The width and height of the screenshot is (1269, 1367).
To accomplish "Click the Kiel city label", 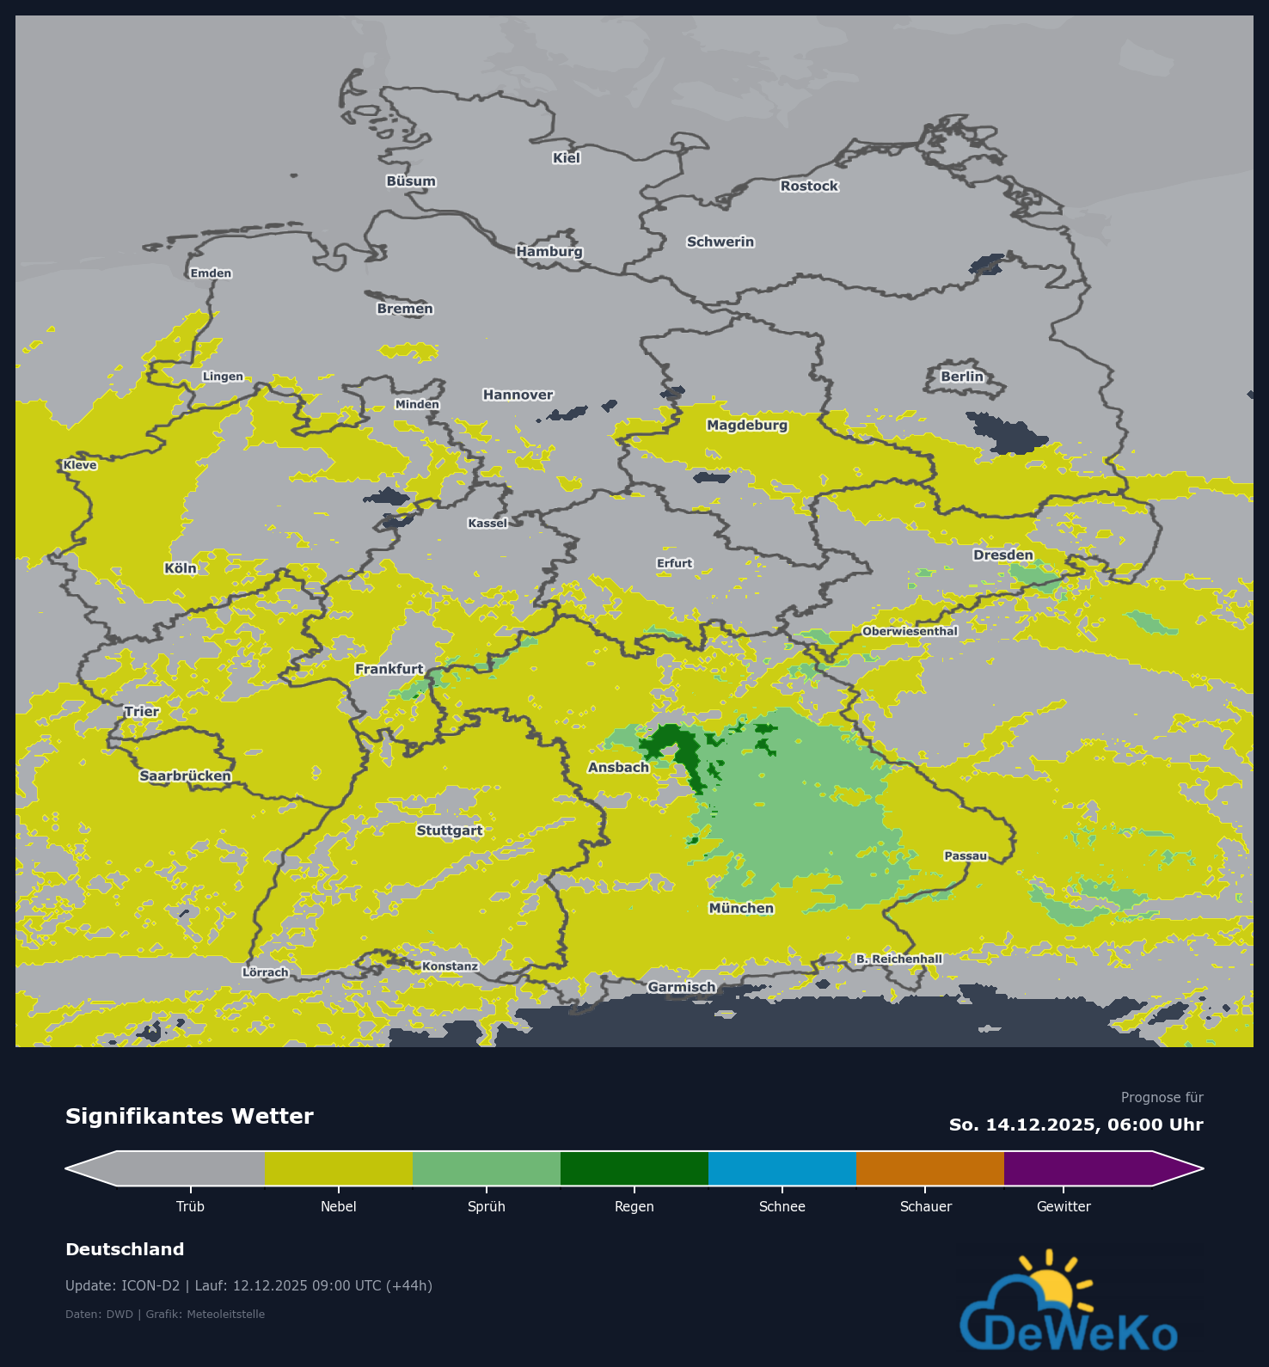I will [x=567, y=158].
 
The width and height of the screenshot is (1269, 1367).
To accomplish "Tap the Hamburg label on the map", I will [x=549, y=252].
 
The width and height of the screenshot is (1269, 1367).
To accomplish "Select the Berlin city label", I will [x=961, y=377].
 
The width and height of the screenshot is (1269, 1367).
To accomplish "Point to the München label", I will [x=741, y=909].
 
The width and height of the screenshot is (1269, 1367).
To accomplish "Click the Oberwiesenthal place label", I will [x=910, y=632].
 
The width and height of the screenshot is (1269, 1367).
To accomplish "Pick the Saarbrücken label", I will [x=186, y=776].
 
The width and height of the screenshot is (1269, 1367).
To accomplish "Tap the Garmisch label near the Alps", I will [x=681, y=987].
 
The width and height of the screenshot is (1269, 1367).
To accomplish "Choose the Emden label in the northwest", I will [x=211, y=273].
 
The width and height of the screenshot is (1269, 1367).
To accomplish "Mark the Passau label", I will [x=966, y=856].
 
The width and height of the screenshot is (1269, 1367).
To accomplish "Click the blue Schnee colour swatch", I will [x=782, y=1168].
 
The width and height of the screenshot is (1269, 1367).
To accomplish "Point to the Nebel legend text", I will [x=338, y=1207].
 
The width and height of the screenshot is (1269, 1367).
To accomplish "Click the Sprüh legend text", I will [x=486, y=1207].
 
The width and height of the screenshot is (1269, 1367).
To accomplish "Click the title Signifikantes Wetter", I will [x=189, y=1117].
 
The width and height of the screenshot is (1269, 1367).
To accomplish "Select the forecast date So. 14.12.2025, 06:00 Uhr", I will [x=1076, y=1125].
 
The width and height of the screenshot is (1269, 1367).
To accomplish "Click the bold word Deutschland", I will [x=125, y=1250].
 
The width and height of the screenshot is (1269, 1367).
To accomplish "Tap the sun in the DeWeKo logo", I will [x=1051, y=1286].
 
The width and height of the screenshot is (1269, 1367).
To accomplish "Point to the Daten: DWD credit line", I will [x=165, y=1315].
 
